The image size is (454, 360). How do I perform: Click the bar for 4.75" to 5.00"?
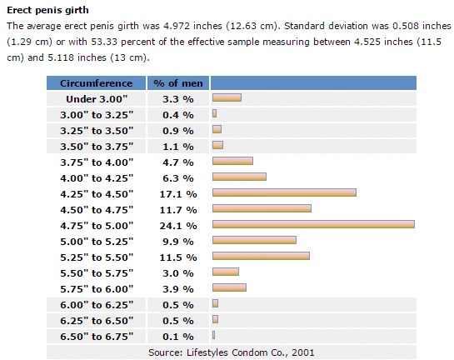(x=313, y=224)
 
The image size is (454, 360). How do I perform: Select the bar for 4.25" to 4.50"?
(x=284, y=192)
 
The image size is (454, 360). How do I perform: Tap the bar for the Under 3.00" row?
(x=227, y=98)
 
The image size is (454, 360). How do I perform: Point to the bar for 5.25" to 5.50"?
(x=261, y=256)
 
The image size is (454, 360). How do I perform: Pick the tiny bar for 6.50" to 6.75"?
(x=214, y=335)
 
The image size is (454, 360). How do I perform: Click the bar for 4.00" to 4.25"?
(x=239, y=177)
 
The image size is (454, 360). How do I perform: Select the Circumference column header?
(x=96, y=83)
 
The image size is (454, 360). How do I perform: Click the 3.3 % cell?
(x=177, y=99)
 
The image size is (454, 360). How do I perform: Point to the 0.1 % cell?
(x=177, y=336)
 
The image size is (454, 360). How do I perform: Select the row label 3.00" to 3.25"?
(x=96, y=114)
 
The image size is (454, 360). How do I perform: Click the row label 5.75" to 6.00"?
(x=96, y=288)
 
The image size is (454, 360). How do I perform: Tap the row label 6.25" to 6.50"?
(x=96, y=320)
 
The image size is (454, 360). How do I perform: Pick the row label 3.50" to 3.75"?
(x=96, y=146)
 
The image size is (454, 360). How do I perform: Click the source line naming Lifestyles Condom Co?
(x=232, y=352)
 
